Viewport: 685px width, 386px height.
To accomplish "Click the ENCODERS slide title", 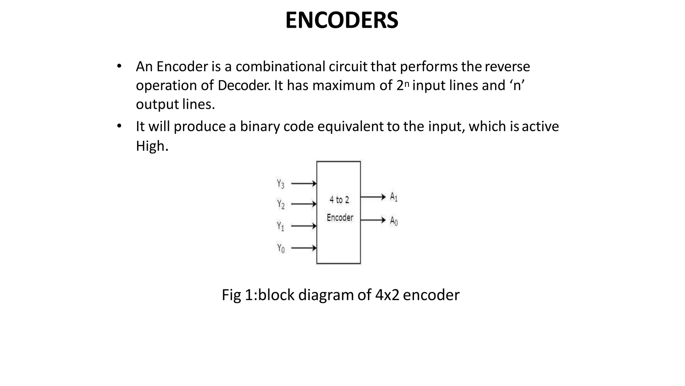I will tap(341, 20).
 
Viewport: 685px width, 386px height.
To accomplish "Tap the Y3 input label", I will tap(281, 184).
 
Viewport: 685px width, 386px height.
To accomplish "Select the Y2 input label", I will tap(281, 204).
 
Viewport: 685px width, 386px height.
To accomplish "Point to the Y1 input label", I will tap(281, 226).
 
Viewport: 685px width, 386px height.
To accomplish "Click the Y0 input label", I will tap(281, 248).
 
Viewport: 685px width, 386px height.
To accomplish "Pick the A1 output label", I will tap(394, 197).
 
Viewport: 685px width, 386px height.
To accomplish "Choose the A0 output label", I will tap(394, 221).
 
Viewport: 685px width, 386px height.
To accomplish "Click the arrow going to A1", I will tap(373, 197).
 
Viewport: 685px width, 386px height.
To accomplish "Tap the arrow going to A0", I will tap(373, 220).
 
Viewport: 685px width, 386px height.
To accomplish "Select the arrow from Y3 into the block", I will tap(304, 184).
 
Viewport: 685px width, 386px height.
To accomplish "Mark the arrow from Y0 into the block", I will tap(304, 248).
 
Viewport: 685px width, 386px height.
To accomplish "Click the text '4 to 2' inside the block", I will tap(339, 200).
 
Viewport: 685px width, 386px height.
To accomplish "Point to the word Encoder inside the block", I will tap(340, 218).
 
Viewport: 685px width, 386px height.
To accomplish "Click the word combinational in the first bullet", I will tap(280, 66).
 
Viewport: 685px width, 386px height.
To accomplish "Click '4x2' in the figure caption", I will tap(387, 295).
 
